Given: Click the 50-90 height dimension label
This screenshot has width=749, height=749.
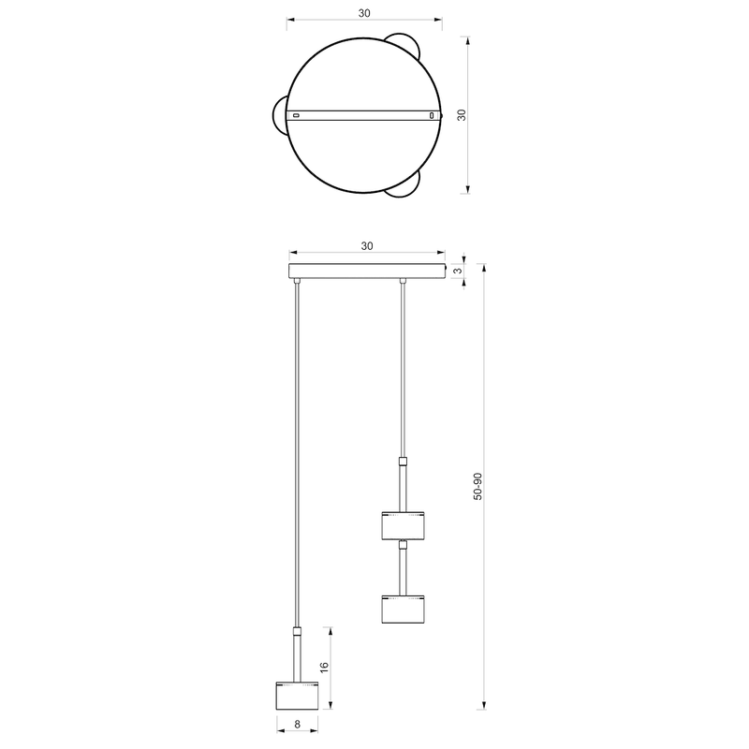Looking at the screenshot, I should [477, 487].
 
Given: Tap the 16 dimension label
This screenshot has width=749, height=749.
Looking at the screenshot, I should [325, 667].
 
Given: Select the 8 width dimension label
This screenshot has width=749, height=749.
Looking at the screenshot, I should [297, 724].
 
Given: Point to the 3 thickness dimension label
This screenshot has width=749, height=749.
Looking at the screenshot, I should [457, 272].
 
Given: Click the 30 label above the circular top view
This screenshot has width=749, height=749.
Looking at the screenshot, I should [363, 13].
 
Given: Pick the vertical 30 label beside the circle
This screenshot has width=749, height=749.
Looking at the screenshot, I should [461, 114].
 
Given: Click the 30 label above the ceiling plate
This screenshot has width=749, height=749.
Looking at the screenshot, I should [366, 246].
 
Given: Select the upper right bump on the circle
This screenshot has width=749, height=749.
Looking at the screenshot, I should [405, 45].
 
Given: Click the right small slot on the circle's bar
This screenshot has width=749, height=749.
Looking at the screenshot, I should [432, 115].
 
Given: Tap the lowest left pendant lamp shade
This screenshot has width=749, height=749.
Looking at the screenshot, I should [297, 695].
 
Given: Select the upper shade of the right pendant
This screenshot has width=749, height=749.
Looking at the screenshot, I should [404, 525].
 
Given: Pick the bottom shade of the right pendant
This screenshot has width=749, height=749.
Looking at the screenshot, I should [404, 609].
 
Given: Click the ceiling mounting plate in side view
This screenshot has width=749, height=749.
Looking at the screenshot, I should [366, 272].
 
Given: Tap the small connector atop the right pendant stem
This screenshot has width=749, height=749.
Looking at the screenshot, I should [404, 460].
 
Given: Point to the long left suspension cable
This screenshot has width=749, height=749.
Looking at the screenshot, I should [297, 449].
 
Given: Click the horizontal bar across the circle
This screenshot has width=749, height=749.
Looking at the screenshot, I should [364, 115].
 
